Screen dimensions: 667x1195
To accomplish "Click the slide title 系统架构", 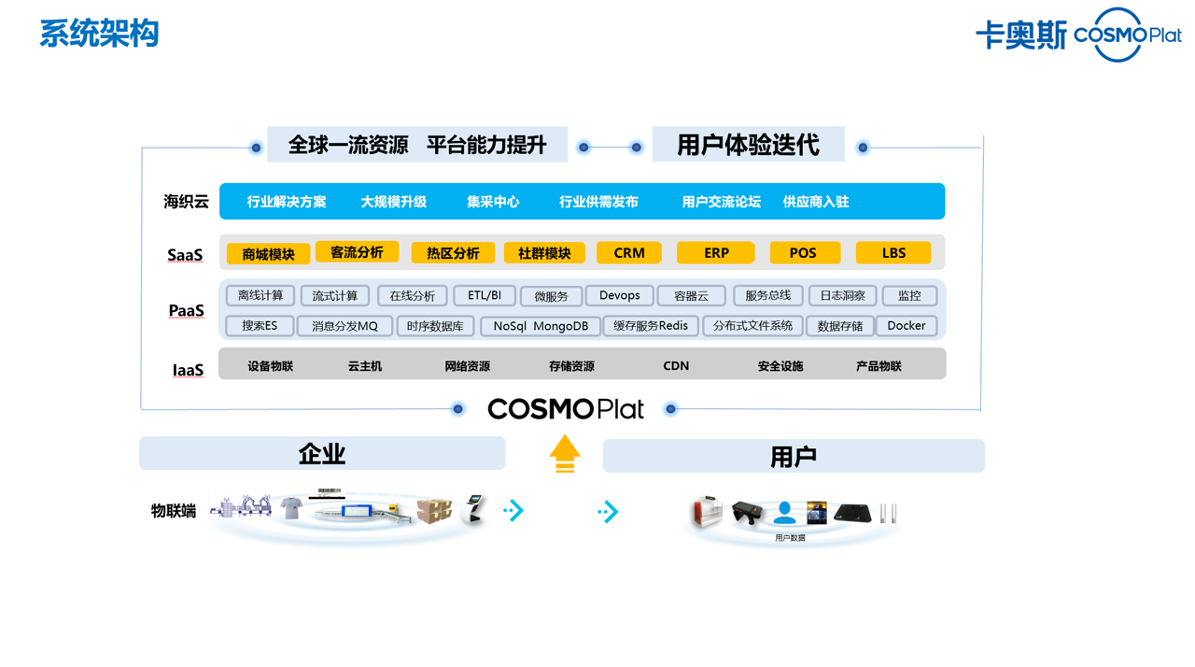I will pos(99,34).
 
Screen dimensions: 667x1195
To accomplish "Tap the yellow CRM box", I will pos(629,253).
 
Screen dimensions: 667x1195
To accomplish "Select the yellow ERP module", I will pos(716,253).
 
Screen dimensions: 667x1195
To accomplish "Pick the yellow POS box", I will pos(804,253).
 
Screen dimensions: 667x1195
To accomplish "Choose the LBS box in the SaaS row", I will pos(893,253).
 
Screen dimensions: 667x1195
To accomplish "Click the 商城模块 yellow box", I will pos(268,254).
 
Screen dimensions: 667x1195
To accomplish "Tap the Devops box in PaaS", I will pos(619,296).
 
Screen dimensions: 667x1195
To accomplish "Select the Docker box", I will pos(906,326).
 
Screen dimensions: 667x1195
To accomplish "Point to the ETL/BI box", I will pos(484,296).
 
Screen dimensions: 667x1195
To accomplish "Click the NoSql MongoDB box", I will pos(541,326).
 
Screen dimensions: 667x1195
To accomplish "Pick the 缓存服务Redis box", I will pos(651,326).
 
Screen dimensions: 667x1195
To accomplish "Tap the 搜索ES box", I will pos(260,326).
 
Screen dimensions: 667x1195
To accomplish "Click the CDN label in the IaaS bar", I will pos(676,366).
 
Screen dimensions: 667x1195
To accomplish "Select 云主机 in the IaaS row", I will pos(365,366).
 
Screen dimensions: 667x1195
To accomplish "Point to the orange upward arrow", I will pos(565,454).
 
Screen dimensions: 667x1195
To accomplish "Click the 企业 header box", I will pos(322,454).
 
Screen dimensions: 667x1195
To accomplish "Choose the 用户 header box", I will pos(794,457).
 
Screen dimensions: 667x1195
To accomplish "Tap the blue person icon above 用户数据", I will pos(785,513).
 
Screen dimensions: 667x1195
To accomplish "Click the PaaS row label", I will pos(186,310).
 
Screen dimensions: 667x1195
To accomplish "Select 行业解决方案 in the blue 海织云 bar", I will pos(287,202).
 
